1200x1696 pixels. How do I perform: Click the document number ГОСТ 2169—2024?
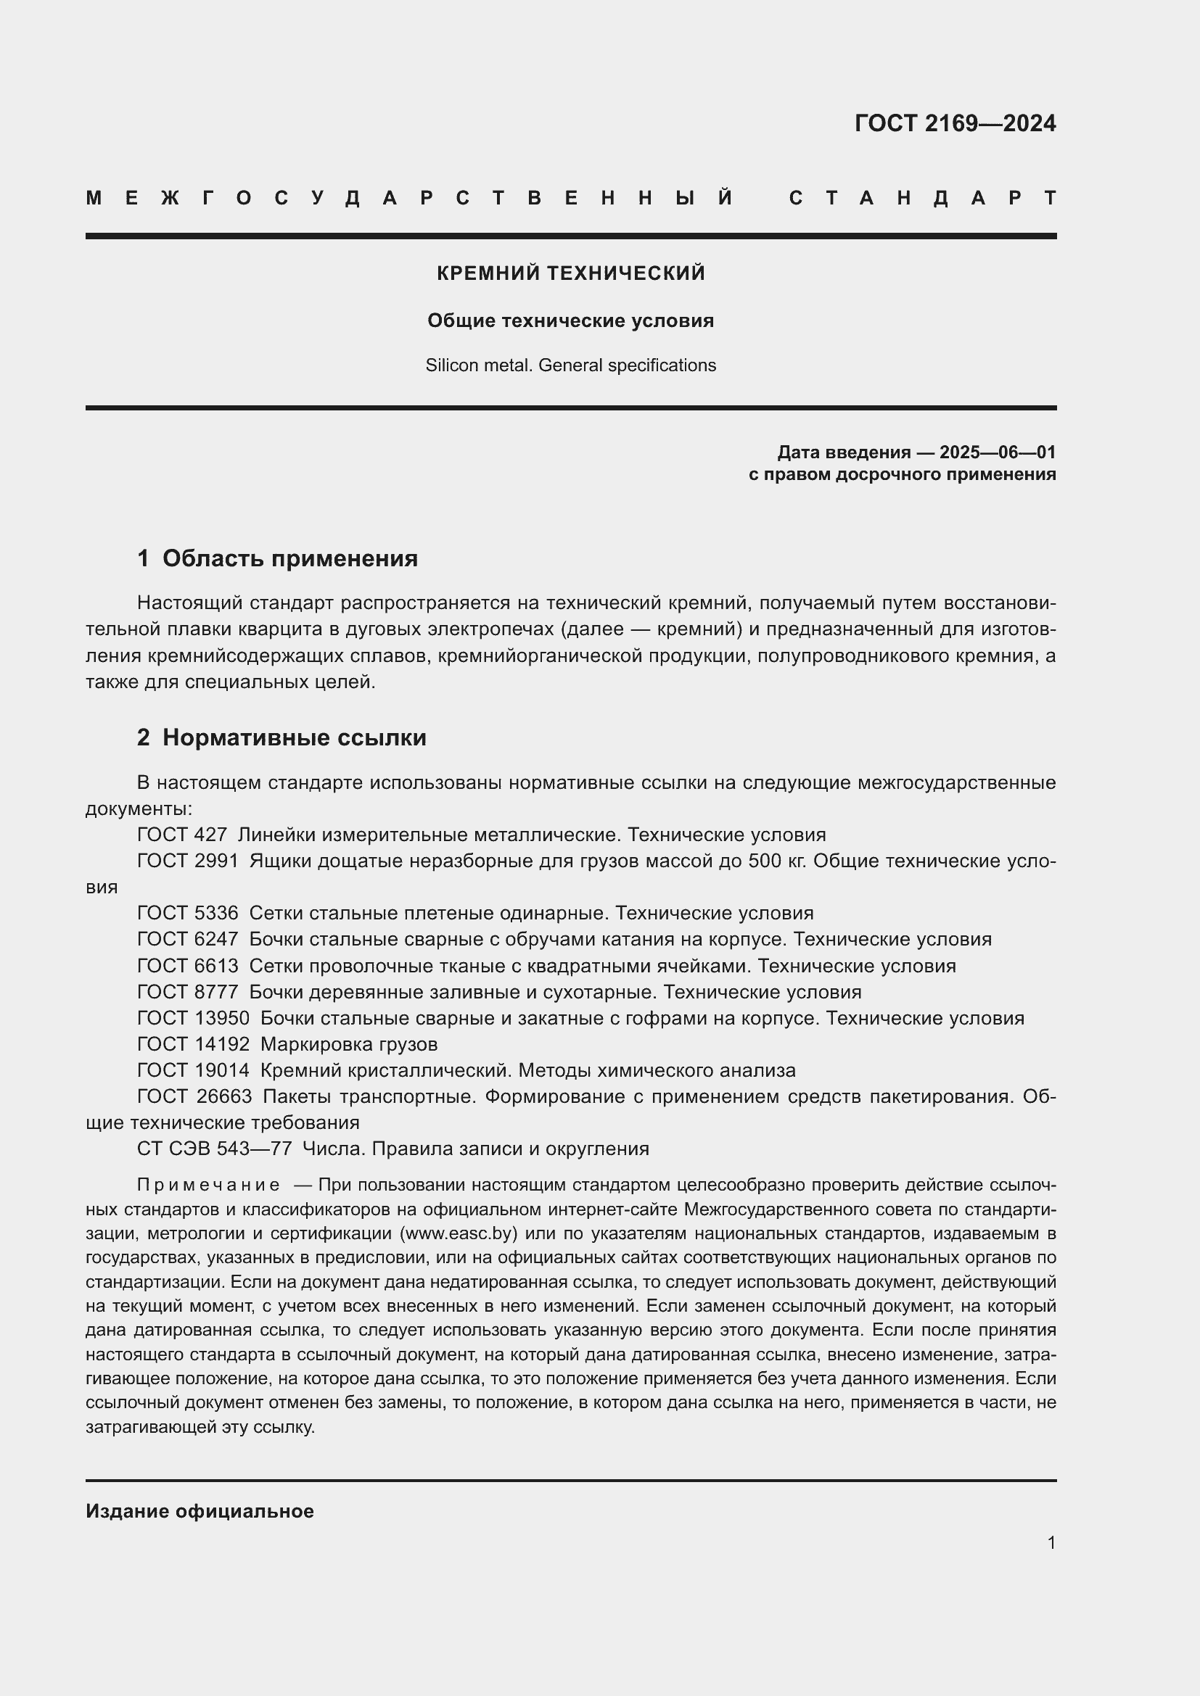(955, 123)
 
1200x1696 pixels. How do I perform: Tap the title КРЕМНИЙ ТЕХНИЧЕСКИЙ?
(570, 273)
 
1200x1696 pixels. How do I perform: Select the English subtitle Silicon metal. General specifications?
(570, 365)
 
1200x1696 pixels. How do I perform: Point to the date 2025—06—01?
(998, 452)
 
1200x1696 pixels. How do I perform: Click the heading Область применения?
(289, 558)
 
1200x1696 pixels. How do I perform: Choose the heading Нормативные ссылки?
(294, 738)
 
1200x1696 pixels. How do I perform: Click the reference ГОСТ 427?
(182, 835)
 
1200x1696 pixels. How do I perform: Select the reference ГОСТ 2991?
(188, 861)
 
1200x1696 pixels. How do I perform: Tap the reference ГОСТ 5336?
(188, 914)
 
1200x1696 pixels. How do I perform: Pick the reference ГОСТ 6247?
(188, 940)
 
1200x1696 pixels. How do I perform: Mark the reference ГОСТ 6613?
(188, 966)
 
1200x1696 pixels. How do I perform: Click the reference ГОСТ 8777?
(188, 992)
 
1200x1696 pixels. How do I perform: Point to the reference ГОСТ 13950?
(193, 1019)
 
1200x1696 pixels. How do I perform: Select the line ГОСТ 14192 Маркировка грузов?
(287, 1044)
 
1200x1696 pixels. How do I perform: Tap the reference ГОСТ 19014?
(193, 1071)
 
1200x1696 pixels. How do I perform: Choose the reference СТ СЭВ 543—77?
(214, 1149)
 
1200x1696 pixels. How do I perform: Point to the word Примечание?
(208, 1186)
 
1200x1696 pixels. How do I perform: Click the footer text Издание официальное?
(200, 1511)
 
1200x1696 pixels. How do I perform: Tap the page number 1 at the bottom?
(1051, 1542)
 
